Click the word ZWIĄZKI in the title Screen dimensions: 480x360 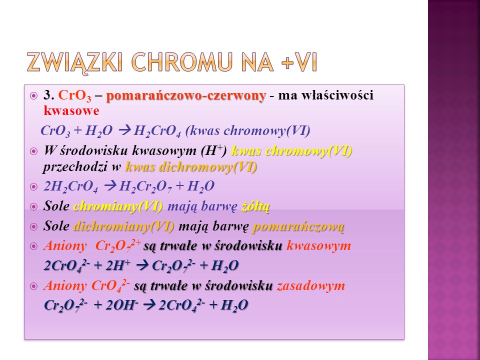(x=75, y=62)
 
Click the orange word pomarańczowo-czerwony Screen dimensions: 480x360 (x=186, y=96)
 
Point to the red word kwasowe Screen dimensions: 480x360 (x=71, y=111)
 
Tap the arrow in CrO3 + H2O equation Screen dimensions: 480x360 (x=124, y=131)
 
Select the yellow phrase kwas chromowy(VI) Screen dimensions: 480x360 (x=291, y=151)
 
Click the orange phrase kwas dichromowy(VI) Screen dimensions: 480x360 (x=191, y=167)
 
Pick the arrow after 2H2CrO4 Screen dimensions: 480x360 (x=110, y=186)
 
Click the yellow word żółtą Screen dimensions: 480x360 (x=255, y=206)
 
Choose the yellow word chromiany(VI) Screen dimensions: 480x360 (x=118, y=206)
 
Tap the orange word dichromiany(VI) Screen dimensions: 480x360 (x=124, y=227)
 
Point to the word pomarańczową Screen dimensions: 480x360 (x=299, y=227)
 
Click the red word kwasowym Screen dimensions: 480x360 (x=318, y=246)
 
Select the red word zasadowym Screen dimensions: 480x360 (x=311, y=285)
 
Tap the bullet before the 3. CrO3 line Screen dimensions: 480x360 (x=33, y=96)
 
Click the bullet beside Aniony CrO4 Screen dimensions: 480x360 (x=33, y=286)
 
